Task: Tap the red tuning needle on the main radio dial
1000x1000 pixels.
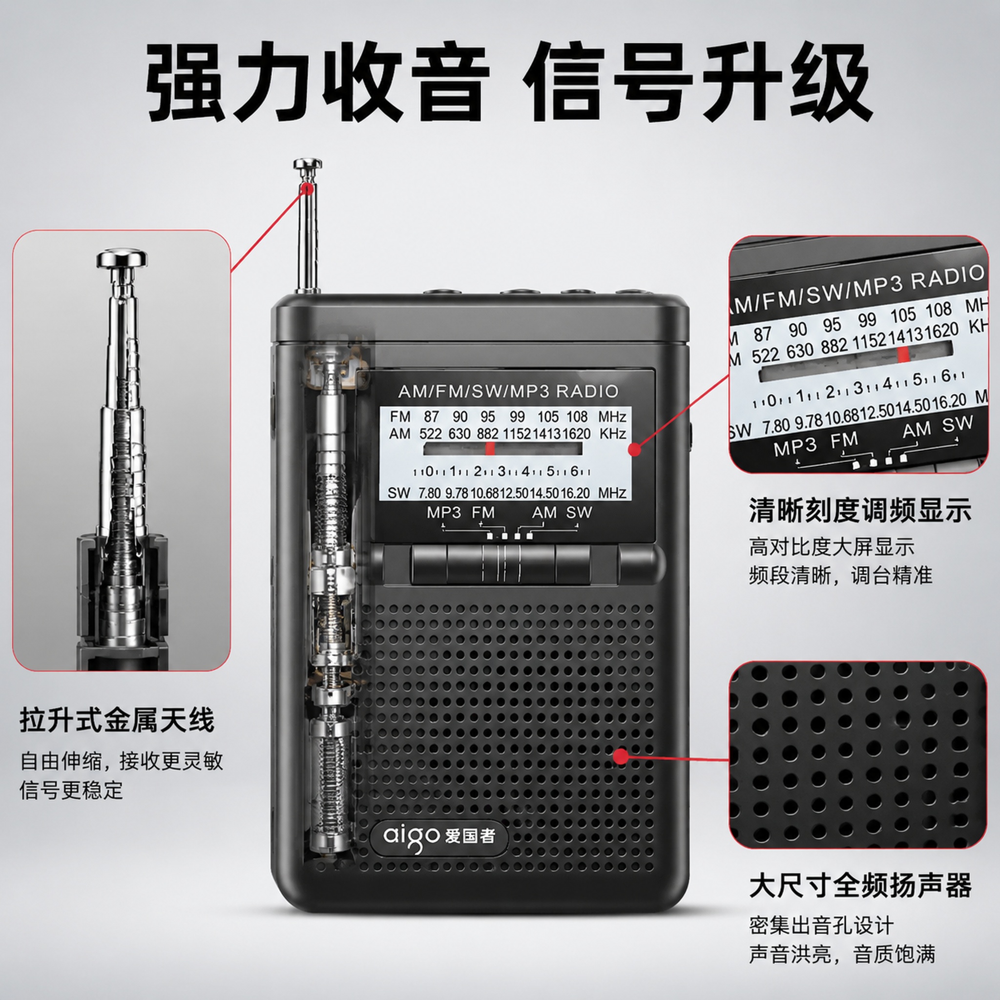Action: point(490,448)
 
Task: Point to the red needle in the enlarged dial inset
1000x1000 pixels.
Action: point(903,354)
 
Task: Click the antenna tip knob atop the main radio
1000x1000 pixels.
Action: point(308,165)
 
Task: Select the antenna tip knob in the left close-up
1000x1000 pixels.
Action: point(122,258)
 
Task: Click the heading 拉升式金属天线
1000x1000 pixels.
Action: point(117,720)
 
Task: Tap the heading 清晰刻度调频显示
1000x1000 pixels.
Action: point(860,511)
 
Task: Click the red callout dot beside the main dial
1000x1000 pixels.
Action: point(635,449)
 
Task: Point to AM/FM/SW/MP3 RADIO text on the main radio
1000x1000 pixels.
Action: point(508,391)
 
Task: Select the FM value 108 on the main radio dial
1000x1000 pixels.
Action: point(577,417)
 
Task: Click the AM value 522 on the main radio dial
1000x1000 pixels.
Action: point(430,434)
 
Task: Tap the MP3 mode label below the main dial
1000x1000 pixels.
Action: point(443,512)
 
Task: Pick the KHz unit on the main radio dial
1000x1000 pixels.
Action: point(613,434)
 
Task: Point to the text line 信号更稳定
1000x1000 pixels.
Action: point(71,791)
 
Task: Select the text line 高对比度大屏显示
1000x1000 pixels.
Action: point(832,547)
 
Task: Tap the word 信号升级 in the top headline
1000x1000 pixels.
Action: point(697,83)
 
